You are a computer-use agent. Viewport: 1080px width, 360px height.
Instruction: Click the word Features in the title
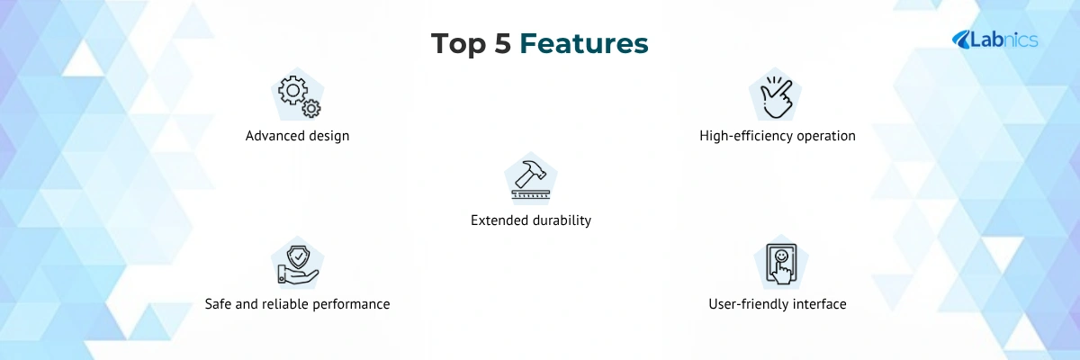pos(584,43)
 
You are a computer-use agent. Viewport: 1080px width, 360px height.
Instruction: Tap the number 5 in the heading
pos(503,43)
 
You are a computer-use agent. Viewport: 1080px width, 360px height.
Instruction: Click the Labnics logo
pos(994,40)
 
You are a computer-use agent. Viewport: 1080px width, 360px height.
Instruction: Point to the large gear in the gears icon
pos(292,90)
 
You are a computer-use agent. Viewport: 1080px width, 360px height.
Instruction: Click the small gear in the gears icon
pos(311,108)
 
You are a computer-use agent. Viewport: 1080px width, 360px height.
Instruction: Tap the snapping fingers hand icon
pos(776,97)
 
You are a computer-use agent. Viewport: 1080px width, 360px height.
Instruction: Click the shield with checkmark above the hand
pos(299,256)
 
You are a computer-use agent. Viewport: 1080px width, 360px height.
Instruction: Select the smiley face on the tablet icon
pos(781,256)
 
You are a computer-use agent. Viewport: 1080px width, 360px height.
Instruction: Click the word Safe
pos(218,304)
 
